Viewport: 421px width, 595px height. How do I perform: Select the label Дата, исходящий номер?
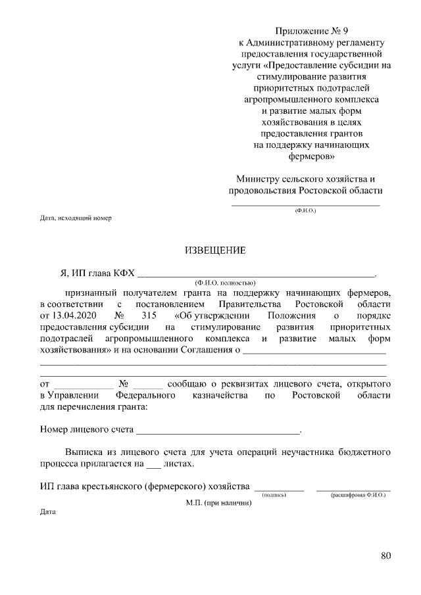[x=76, y=217]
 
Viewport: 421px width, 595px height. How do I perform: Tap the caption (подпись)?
[x=274, y=494]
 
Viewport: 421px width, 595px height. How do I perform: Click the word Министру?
[x=258, y=179]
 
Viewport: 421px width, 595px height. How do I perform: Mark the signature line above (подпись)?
[x=279, y=489]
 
